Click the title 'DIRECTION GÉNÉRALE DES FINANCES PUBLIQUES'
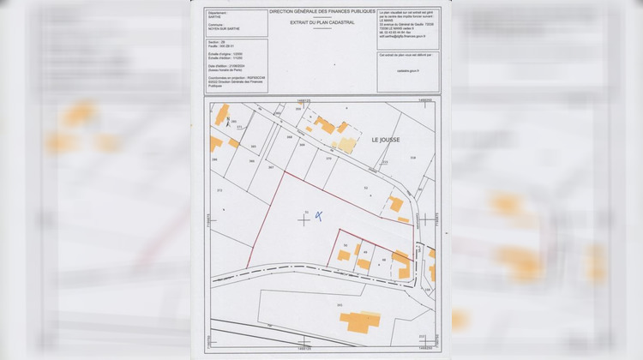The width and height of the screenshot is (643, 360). pos(321,12)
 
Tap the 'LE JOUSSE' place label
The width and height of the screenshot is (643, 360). pos(385,139)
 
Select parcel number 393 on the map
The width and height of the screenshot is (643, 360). pos(340,304)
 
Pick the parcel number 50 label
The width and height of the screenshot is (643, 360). pos(345,245)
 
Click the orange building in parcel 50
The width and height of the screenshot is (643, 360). pos(344,255)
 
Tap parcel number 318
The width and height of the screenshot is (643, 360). pos(412,158)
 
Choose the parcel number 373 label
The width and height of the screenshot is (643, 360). pos(220,189)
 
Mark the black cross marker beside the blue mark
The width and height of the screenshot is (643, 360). pos(304,219)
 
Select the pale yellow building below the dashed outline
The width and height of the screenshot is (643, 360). pos(346,144)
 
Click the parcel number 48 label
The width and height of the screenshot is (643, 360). pos(382,259)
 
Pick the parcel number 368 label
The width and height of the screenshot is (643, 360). pos(290,136)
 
